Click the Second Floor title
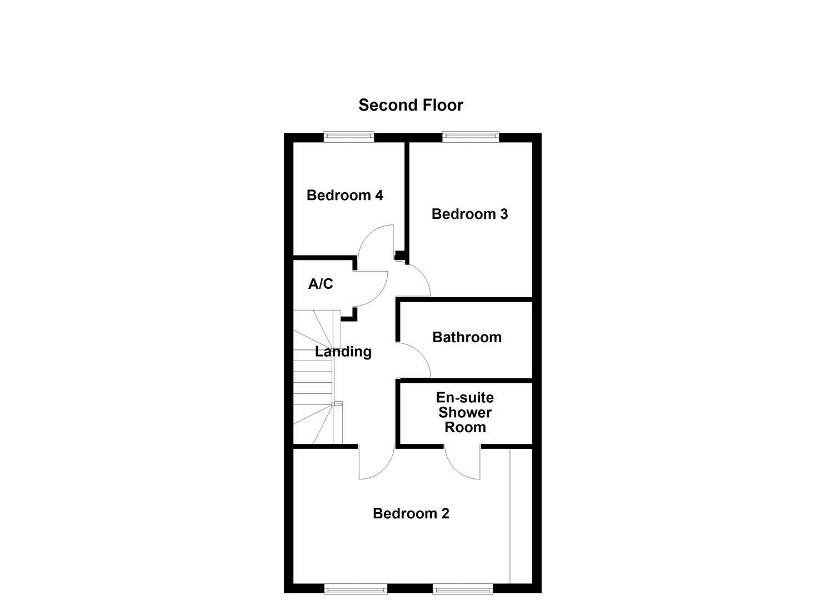click(x=411, y=105)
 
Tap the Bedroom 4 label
click(x=344, y=195)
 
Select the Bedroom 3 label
click(x=469, y=214)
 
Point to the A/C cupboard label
click(x=321, y=284)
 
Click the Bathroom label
click(x=467, y=337)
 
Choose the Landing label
click(x=343, y=352)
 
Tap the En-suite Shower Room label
click(x=465, y=412)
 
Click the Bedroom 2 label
click(x=411, y=513)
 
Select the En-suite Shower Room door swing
click(x=463, y=462)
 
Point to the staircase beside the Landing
click(x=314, y=378)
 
